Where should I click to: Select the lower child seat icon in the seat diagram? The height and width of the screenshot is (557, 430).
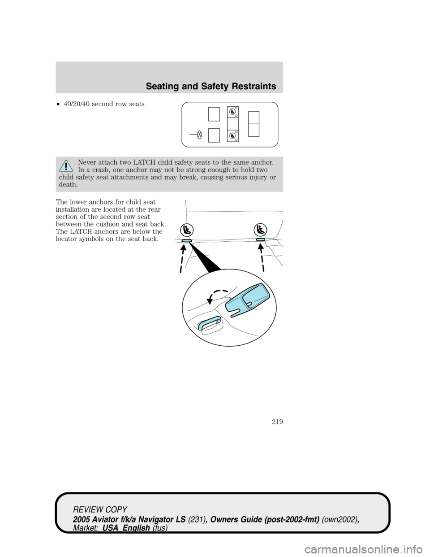(x=232, y=135)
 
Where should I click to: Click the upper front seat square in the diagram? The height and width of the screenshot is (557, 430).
(x=214, y=114)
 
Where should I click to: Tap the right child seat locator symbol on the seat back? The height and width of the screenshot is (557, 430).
(x=260, y=230)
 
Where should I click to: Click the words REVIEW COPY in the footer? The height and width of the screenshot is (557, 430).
(x=101, y=510)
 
